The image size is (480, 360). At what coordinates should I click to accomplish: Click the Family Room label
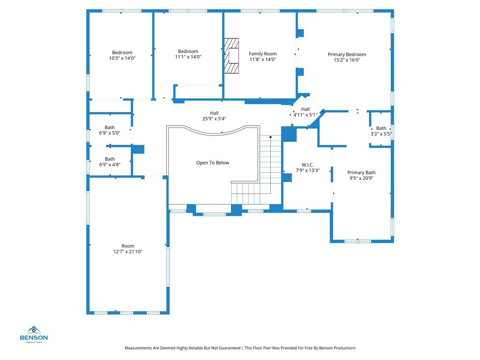point(262,54)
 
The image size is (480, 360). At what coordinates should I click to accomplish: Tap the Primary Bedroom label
point(347,54)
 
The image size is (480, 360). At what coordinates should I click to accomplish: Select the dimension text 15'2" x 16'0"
point(347,60)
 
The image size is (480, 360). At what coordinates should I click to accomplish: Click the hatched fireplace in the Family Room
point(232,56)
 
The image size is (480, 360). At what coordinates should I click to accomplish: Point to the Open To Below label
point(212,163)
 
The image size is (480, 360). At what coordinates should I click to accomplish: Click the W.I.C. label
point(307,165)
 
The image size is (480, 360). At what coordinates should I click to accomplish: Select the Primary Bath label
point(361,172)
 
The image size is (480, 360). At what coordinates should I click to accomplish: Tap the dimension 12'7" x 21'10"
point(128,252)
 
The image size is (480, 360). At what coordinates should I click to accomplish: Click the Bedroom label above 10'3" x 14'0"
point(122,52)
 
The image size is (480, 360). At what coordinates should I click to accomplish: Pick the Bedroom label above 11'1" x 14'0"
point(188,52)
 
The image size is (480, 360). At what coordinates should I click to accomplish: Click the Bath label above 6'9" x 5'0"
point(110,127)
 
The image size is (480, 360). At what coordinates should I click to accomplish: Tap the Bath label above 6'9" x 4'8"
point(110,159)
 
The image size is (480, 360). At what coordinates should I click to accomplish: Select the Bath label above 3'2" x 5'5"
point(381,128)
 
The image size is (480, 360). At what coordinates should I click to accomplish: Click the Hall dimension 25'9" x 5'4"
point(214,119)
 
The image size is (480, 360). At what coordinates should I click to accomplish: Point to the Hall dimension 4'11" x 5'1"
point(305,115)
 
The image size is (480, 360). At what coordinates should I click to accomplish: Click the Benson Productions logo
point(34,334)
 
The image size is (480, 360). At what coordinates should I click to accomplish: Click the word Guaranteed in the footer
point(230,348)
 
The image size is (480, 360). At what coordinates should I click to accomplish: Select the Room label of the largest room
point(127,246)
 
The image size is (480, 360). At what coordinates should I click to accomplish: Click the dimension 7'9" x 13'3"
point(307,171)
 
